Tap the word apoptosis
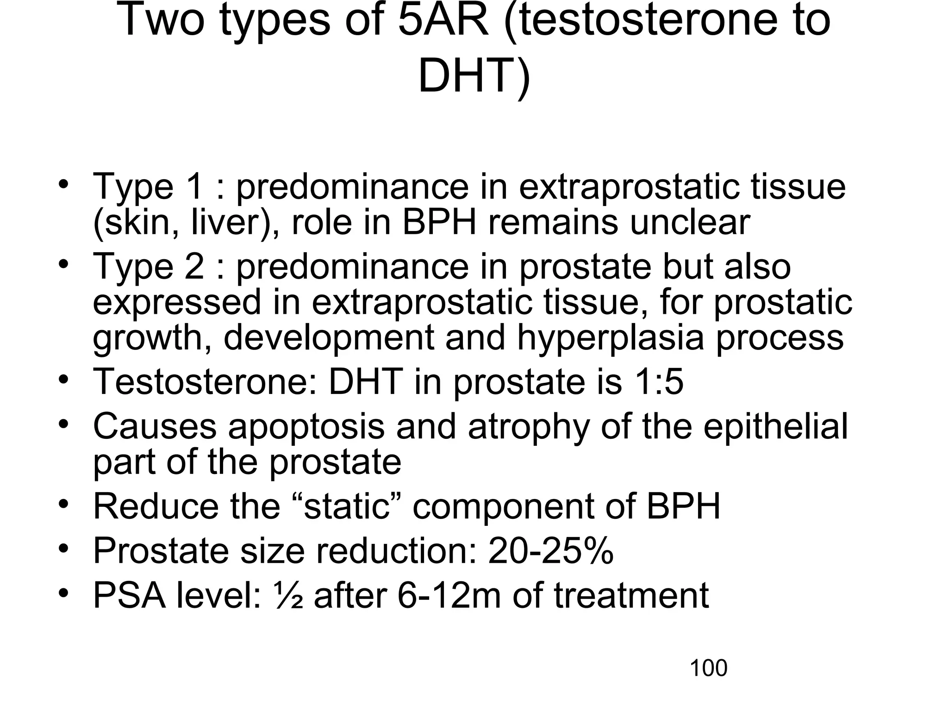pos(306,426)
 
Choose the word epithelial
pos(776,426)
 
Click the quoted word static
pos(347,506)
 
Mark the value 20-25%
pos(551,550)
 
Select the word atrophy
pos(528,426)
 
